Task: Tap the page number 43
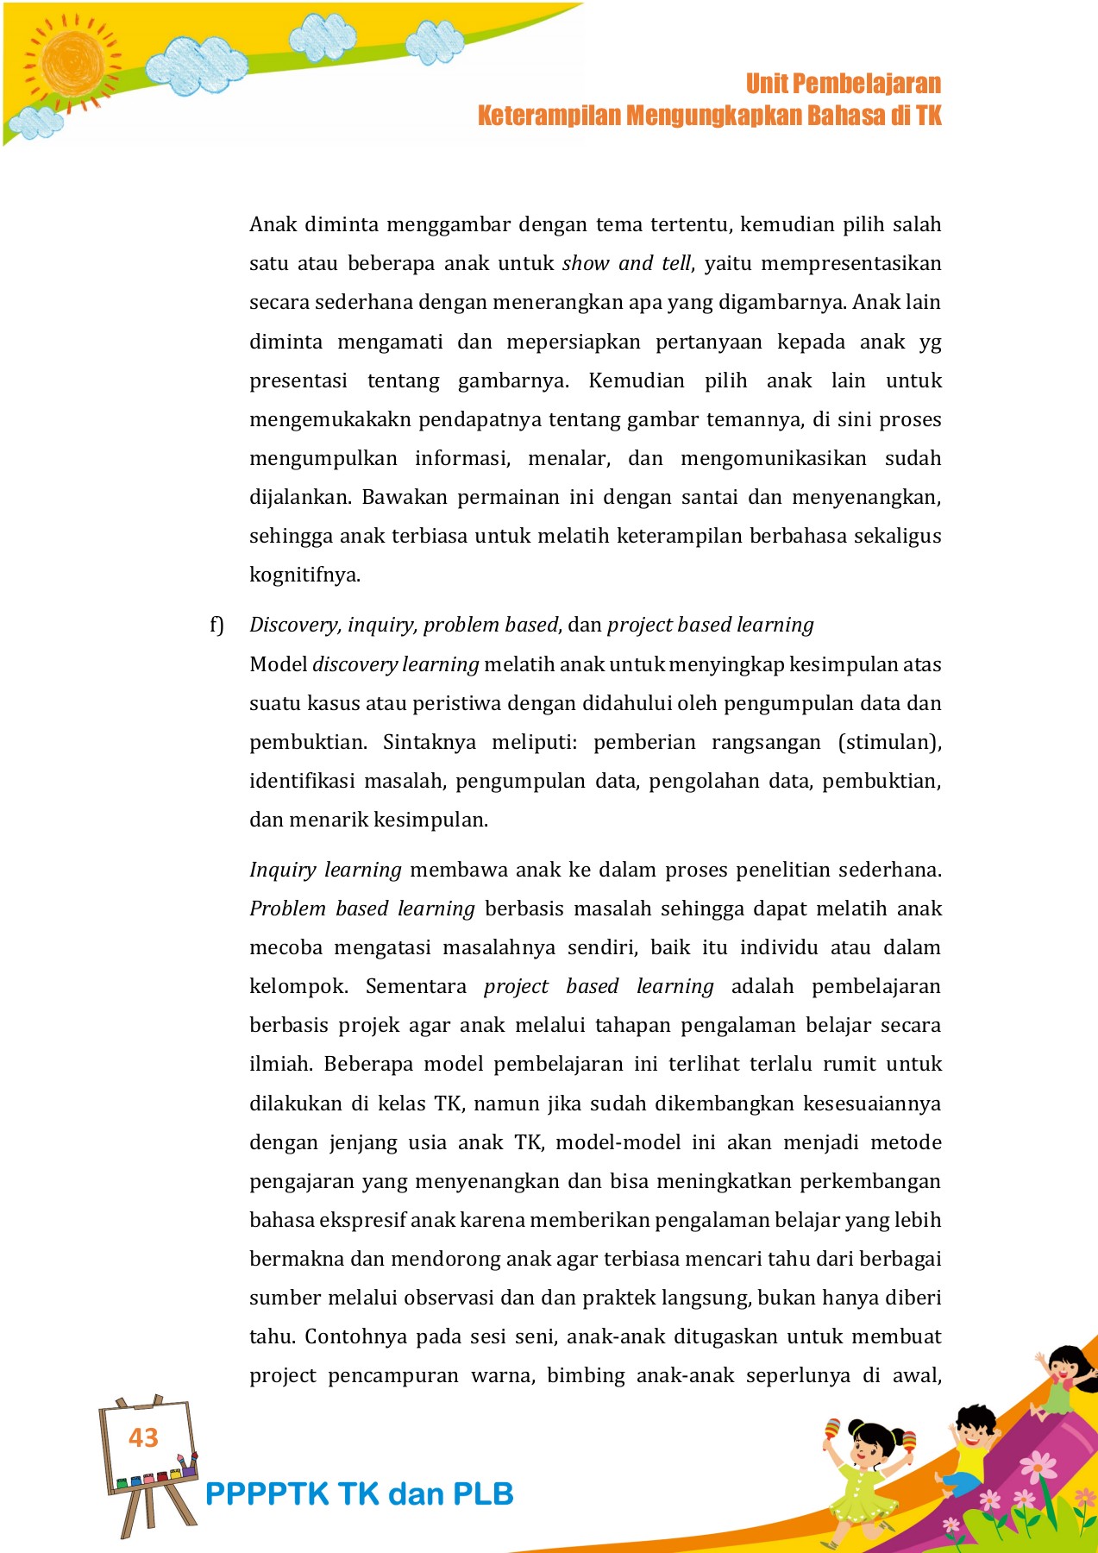coord(143,1437)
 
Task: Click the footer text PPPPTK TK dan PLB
coord(359,1494)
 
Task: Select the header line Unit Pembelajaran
coord(843,84)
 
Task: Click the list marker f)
coord(216,625)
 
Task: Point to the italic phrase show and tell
coord(626,263)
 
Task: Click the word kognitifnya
coord(304,575)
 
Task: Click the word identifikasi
coord(302,781)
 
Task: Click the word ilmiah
coord(280,1064)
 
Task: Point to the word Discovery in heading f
coord(294,625)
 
